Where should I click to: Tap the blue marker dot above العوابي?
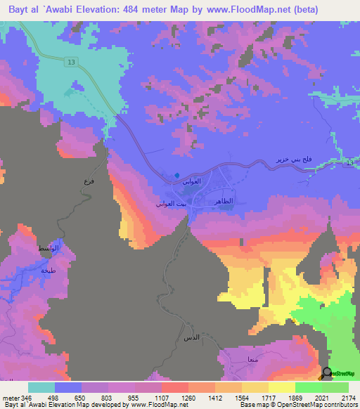[177, 175]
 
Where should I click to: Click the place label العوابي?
[191, 182]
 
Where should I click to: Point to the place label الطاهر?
[231, 201]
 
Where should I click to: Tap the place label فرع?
[88, 182]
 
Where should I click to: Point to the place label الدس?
[191, 339]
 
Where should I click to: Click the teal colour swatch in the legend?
[41, 387]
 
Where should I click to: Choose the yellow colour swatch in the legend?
[281, 387]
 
